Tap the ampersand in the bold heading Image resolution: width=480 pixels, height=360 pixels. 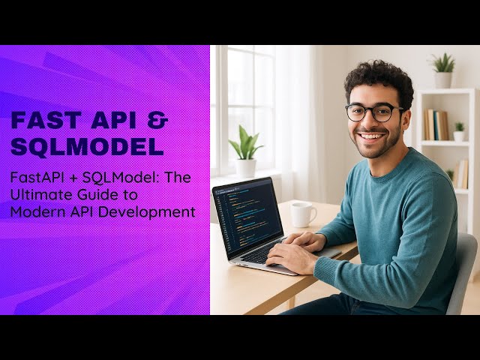pyautogui.click(x=158, y=121)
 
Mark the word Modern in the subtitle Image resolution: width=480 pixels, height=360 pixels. pyautogui.click(x=34, y=211)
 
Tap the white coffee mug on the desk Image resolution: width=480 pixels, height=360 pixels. pyautogui.click(x=301, y=214)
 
